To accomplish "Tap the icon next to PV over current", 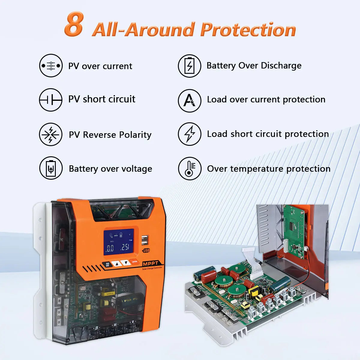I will tap(51, 65).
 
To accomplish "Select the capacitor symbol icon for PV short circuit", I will tap(51, 100).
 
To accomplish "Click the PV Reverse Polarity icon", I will tap(51, 134).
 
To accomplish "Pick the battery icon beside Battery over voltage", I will tap(51, 168).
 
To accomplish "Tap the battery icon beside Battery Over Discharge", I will tap(189, 66).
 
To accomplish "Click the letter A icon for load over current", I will tap(189, 100).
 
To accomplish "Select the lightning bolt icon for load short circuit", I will tap(189, 134).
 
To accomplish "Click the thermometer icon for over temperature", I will tap(189, 168).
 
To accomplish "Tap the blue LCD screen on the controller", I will tap(119, 242).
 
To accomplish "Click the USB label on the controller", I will tap(146, 250).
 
